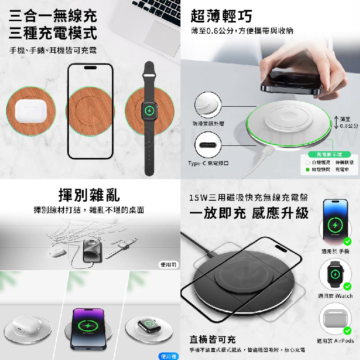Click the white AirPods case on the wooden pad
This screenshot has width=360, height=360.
[x=30, y=111]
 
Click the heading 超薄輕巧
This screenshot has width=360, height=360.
[x=221, y=16]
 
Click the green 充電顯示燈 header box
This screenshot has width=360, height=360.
[x=332, y=154]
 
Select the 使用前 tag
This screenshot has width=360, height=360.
[x=169, y=265]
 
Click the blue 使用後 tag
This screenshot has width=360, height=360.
[x=169, y=356]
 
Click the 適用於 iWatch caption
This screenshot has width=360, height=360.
[x=335, y=296]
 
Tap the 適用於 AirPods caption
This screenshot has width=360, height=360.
[x=335, y=341]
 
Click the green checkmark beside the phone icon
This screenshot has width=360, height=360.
[x=347, y=241]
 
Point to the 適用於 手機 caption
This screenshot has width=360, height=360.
[x=335, y=252]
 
